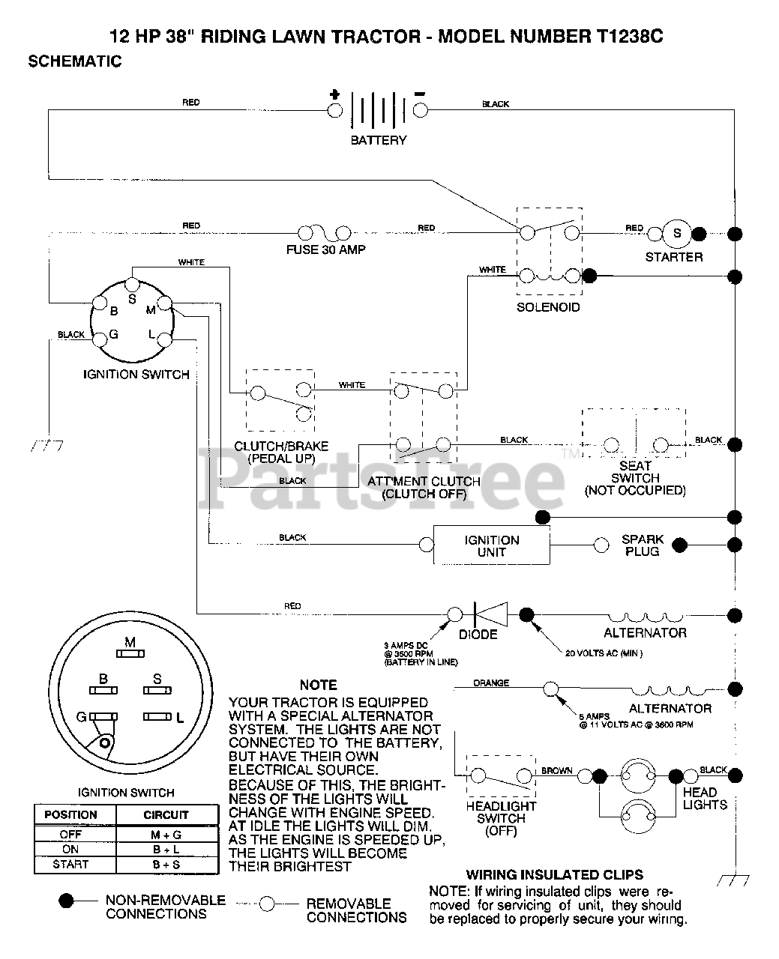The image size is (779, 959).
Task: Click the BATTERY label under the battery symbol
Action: coord(379,140)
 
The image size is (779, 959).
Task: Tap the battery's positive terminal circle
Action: coord(334,110)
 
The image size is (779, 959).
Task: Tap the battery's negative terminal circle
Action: coord(421,110)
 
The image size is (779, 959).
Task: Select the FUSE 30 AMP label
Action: coord(325,249)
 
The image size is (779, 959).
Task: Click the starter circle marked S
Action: coord(677,233)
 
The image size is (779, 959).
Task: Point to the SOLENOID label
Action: coord(548,307)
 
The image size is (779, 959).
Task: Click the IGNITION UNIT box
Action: coord(492,545)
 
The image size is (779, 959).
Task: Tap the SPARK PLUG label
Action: coord(643,545)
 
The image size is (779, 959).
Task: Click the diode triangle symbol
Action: coord(491,614)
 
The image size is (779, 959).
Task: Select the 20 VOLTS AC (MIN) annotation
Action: coord(604,653)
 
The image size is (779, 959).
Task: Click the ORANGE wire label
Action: coord(491,683)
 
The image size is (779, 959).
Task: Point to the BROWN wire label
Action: coord(557,771)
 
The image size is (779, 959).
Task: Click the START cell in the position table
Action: coord(70,865)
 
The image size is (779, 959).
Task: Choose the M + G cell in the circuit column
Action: coord(166,835)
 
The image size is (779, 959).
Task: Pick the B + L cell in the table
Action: coord(166,850)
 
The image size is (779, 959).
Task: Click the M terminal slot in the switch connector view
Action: coord(130,654)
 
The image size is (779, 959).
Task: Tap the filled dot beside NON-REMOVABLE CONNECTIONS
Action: coord(66,901)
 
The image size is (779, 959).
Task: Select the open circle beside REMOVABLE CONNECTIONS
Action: coord(267,904)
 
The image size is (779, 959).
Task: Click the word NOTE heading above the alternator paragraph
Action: coord(319,686)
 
